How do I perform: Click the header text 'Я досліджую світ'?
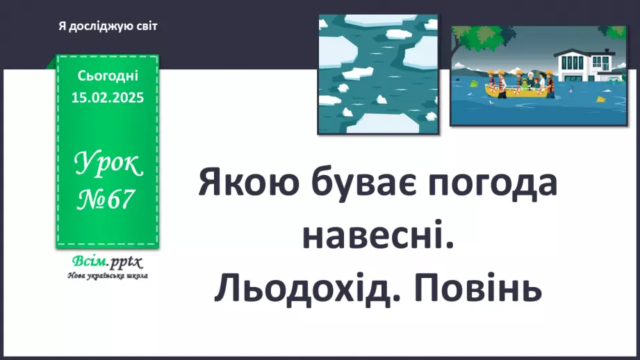pyautogui.click(x=108, y=26)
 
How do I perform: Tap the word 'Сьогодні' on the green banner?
pyautogui.click(x=108, y=74)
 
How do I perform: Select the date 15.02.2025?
pyautogui.click(x=108, y=98)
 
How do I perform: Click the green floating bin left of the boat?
pyautogui.click(x=474, y=84)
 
